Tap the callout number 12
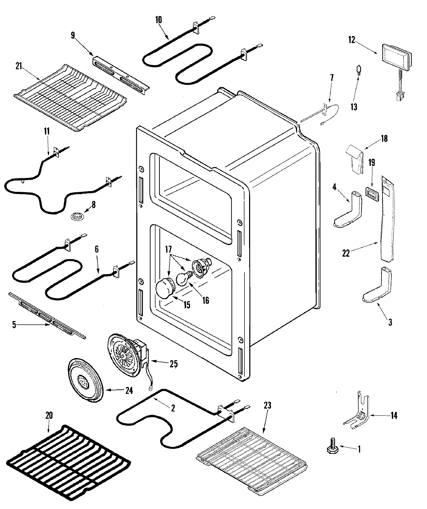coord(352,40)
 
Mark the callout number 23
coord(268,405)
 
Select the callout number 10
coord(158,20)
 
